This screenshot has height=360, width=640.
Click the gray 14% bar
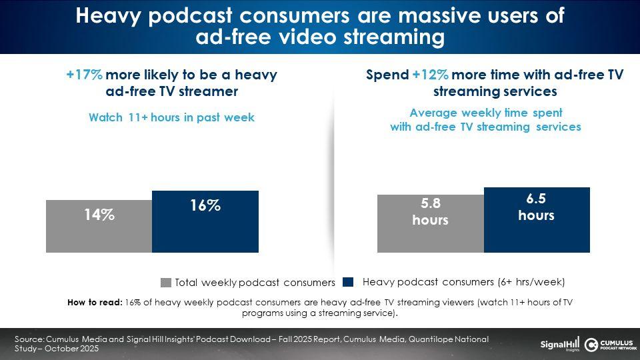coord(99,226)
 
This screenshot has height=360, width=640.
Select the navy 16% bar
coord(205,221)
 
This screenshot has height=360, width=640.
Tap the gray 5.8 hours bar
coord(431,223)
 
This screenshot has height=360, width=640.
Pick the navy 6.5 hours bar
coord(537,219)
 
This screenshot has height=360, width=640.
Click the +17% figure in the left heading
coord(85,75)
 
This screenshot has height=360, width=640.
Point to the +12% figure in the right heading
coord(430,75)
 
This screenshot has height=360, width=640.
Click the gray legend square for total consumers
coord(166,283)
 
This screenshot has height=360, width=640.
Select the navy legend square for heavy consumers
coord(348,282)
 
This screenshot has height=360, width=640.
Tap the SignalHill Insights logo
coord(559,345)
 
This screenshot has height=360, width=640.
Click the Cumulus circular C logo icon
coord(591,345)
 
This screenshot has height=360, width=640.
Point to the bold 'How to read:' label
coord(95,303)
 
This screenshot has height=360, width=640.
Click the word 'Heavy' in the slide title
coord(108,15)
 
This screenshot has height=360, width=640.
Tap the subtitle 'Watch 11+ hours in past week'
coord(172,117)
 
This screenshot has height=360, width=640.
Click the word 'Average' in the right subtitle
coord(433,113)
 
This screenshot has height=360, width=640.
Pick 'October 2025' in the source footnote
coord(72,349)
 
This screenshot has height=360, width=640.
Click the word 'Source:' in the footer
coord(29,339)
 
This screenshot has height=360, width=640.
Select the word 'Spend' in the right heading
coord(387,75)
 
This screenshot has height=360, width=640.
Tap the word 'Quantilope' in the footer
coord(430,339)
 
